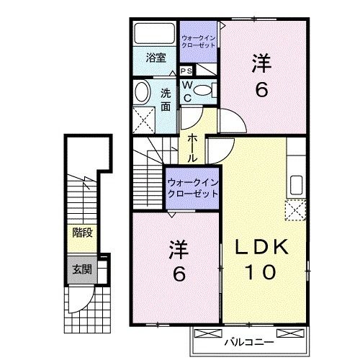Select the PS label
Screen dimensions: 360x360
pos(186,71)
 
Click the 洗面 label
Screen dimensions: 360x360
pos(166,99)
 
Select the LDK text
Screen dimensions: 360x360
pos(263,247)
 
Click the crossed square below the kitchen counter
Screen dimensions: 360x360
pos(295,211)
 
